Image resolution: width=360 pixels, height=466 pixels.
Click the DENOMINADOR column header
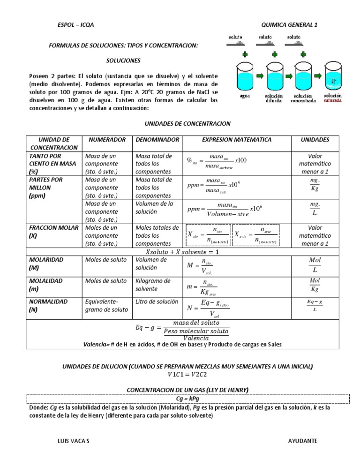click(x=157, y=140)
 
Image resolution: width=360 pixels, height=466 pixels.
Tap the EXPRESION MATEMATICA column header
click(x=236, y=140)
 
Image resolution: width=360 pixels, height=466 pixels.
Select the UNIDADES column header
click(x=315, y=140)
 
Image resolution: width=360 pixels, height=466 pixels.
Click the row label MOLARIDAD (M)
click(x=46, y=263)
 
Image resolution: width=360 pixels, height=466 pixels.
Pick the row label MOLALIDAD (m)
click(x=46, y=285)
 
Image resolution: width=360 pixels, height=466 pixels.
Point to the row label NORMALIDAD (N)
click(x=48, y=305)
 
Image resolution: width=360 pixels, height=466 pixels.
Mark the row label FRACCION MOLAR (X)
click(x=52, y=232)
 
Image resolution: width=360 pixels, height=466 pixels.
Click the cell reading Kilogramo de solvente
click(x=153, y=285)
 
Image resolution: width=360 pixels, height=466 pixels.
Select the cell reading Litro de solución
click(x=157, y=301)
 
